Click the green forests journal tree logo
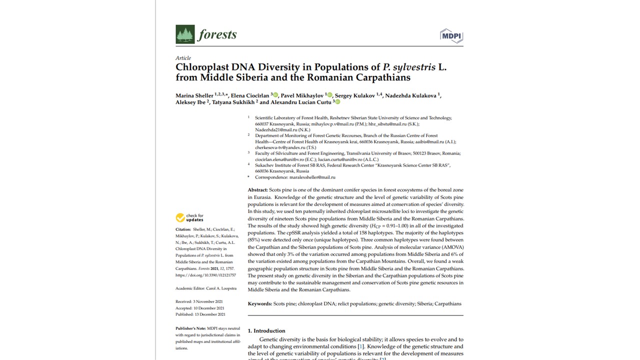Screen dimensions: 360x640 (185, 34)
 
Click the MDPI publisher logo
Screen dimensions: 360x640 (451, 35)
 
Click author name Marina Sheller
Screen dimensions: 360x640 (194, 95)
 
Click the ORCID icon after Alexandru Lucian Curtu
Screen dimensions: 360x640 (337, 102)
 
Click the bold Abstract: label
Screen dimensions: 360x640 (257, 190)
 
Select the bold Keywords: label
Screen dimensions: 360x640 (260, 303)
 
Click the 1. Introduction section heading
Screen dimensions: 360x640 (266, 330)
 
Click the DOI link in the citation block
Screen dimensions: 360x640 (205, 275)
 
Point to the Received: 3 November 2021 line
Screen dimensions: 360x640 (199, 301)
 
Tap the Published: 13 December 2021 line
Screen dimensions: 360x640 (200, 314)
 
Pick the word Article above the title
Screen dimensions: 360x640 (183, 58)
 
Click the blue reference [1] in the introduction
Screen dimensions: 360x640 (360, 346)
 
